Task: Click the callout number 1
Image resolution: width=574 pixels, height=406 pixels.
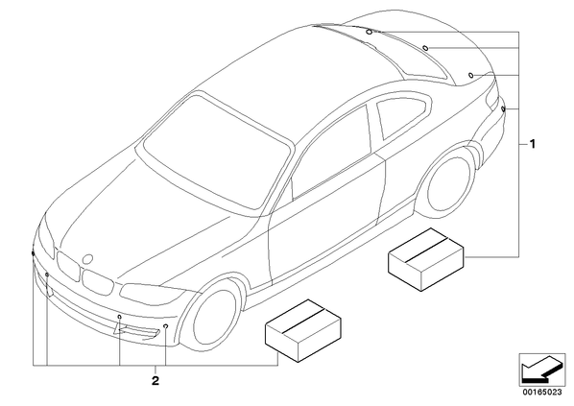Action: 533,144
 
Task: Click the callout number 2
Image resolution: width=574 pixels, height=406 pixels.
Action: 155,381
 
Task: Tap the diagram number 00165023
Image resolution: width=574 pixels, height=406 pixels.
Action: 542,393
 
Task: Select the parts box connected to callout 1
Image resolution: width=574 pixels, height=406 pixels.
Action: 426,259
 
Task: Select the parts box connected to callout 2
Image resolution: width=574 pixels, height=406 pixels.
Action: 303,330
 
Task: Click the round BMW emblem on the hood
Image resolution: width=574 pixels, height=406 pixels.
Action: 88,259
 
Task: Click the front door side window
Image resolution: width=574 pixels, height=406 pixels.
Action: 331,154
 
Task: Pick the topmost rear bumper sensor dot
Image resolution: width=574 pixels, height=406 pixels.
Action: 369,32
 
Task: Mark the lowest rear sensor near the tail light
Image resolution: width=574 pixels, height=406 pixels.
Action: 503,108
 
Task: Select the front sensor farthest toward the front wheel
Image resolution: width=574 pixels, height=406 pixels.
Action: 165,325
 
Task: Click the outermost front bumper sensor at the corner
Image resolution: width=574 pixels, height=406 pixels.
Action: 33,253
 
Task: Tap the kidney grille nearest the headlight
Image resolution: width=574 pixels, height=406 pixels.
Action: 97,281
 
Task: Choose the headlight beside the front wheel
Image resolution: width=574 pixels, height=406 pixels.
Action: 152,292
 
